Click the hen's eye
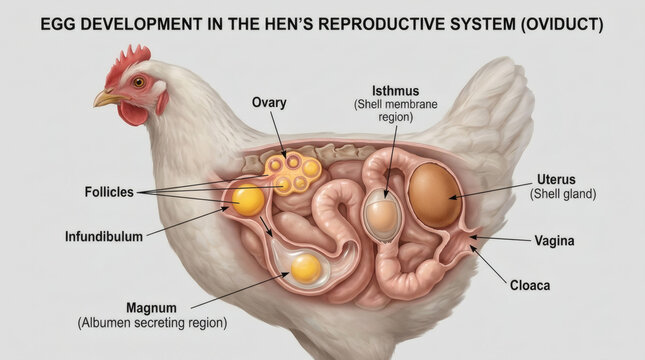tap(139, 82)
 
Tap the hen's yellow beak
tap(107, 99)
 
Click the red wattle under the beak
tap(133, 113)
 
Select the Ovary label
tap(269, 102)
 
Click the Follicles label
tap(109, 192)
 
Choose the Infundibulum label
tap(104, 237)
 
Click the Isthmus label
tap(395, 91)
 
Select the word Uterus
tap(556, 180)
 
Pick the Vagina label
tap(554, 240)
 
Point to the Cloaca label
tap(530, 285)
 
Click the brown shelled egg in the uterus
tap(434, 195)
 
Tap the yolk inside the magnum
tap(306, 269)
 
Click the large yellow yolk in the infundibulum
tap(248, 200)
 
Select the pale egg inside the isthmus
tap(381, 215)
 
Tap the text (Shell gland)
tap(563, 194)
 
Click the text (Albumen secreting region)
tap(152, 323)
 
